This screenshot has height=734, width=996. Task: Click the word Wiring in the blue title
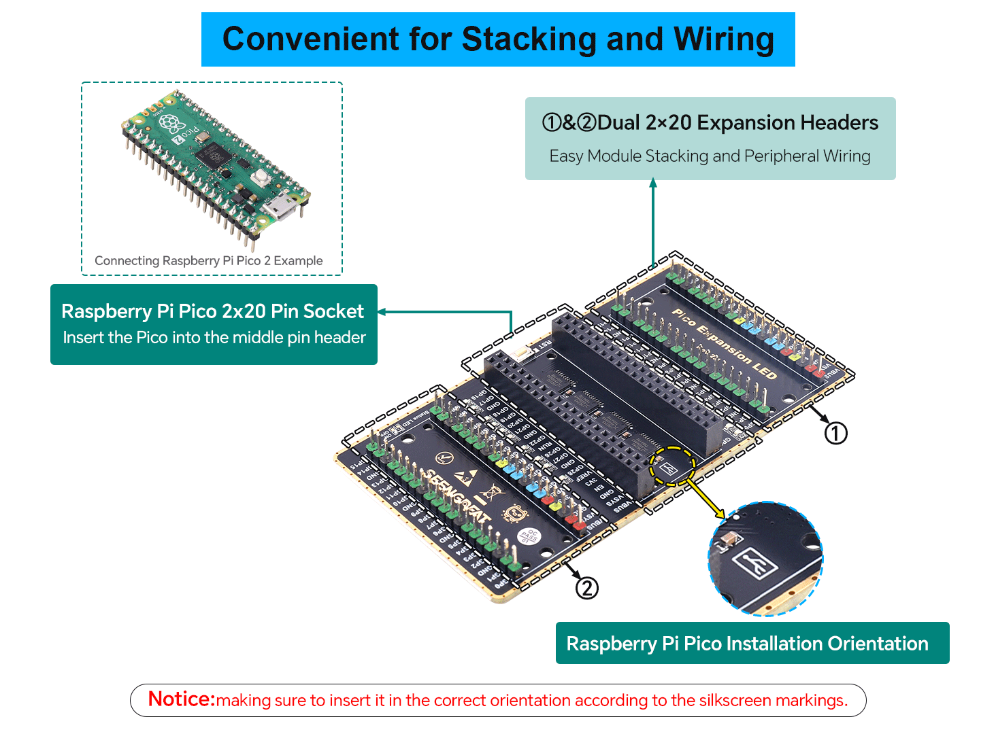(x=724, y=39)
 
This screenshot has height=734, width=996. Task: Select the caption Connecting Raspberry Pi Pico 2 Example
(x=208, y=260)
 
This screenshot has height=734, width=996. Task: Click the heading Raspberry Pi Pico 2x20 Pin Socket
(x=212, y=311)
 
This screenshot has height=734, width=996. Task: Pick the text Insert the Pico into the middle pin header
(x=214, y=338)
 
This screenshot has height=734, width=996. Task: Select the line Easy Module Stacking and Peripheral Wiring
(x=710, y=156)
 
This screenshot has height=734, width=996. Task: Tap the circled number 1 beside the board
(x=835, y=433)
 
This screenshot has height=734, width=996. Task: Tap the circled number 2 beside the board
(x=586, y=588)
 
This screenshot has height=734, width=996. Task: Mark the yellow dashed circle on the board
(x=671, y=466)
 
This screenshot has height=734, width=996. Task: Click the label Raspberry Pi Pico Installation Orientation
(x=747, y=644)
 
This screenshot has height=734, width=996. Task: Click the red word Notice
(x=181, y=699)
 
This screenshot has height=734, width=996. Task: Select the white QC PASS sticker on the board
(x=529, y=536)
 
